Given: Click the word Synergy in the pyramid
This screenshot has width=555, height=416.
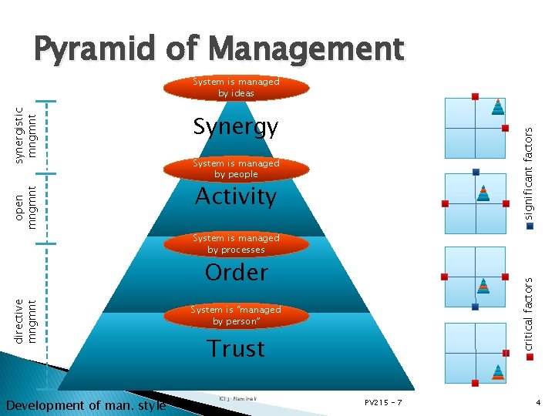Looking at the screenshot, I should click(236, 126).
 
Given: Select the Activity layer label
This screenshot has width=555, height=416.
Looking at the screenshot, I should click(236, 196).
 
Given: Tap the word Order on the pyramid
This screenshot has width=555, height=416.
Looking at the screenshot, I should click(236, 272).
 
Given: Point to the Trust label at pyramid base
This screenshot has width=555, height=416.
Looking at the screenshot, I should click(236, 348).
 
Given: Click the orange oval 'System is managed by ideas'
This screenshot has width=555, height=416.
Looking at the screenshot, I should click(236, 88).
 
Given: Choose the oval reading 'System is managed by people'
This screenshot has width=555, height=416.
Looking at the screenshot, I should click(236, 169).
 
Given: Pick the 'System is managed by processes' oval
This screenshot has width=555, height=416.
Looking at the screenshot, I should click(236, 244).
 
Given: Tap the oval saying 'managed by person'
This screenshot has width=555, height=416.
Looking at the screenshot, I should click(236, 315).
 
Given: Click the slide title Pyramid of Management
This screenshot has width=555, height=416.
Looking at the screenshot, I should click(217, 49).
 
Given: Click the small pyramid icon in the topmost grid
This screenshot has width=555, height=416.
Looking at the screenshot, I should click(499, 107).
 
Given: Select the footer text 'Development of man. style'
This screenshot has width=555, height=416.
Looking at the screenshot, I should click(86, 405).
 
